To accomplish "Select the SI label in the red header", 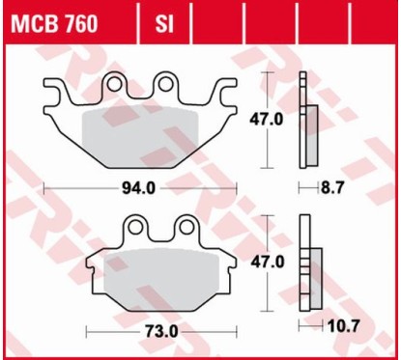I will tap(163, 24).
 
